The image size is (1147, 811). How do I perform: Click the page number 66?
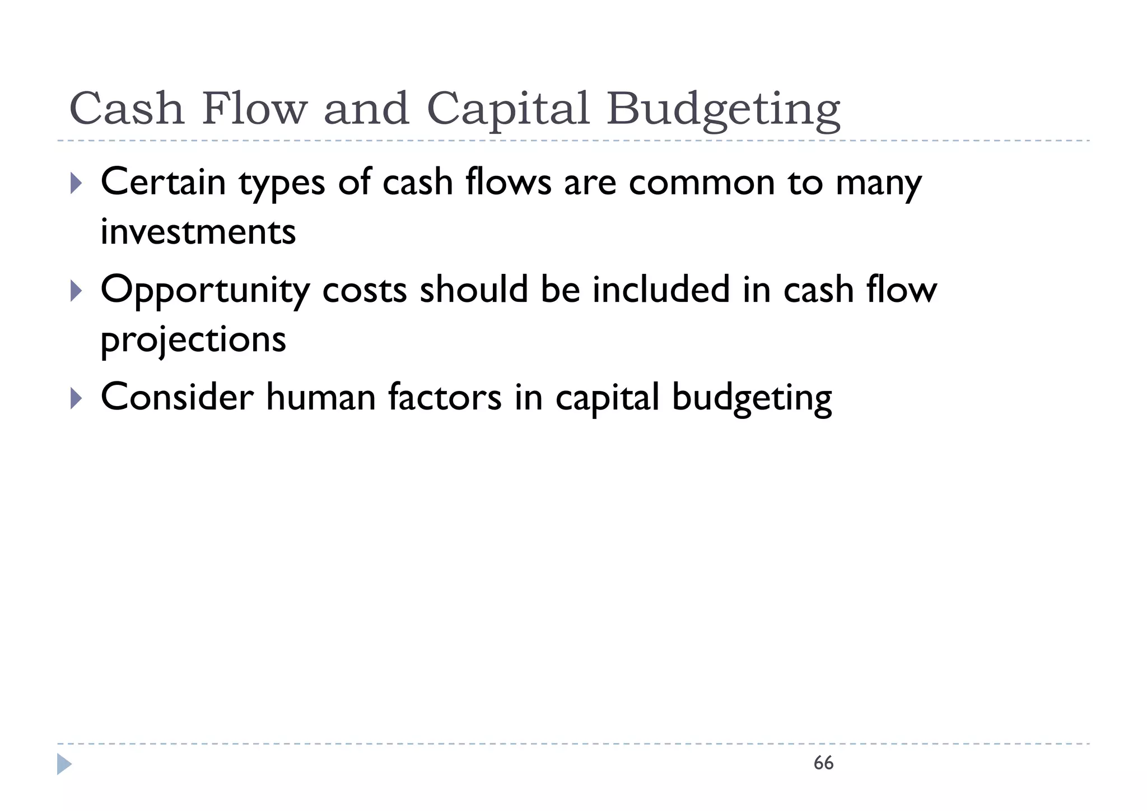(x=823, y=763)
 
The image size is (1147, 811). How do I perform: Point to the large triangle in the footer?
(x=64, y=764)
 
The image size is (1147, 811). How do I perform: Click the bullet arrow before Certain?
(x=77, y=183)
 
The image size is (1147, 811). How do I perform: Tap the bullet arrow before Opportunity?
(x=77, y=290)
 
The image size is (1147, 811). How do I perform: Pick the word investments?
(x=198, y=232)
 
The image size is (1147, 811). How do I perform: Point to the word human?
(x=320, y=397)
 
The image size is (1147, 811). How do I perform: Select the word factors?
(x=445, y=397)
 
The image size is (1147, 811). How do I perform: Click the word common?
(x=702, y=183)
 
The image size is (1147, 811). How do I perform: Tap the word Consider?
(x=177, y=397)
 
